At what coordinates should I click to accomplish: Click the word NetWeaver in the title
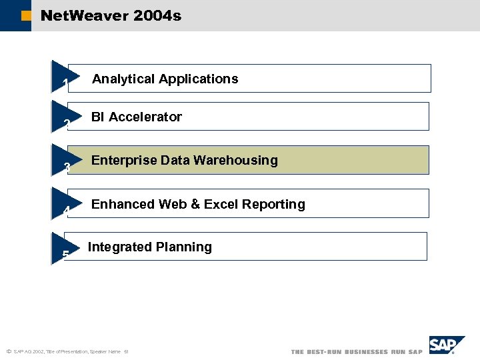[84, 15]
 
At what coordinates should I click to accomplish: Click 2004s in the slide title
[157, 15]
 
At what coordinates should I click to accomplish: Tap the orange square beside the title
[25, 15]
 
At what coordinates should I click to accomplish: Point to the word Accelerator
[145, 117]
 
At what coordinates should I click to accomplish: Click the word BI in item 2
[98, 117]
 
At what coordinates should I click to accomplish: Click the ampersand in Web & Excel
[196, 205]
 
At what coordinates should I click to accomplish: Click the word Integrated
[117, 247]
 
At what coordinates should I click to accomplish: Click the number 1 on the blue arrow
[65, 83]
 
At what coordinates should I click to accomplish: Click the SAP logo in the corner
[446, 345]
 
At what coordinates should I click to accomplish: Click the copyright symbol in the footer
[8, 351]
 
